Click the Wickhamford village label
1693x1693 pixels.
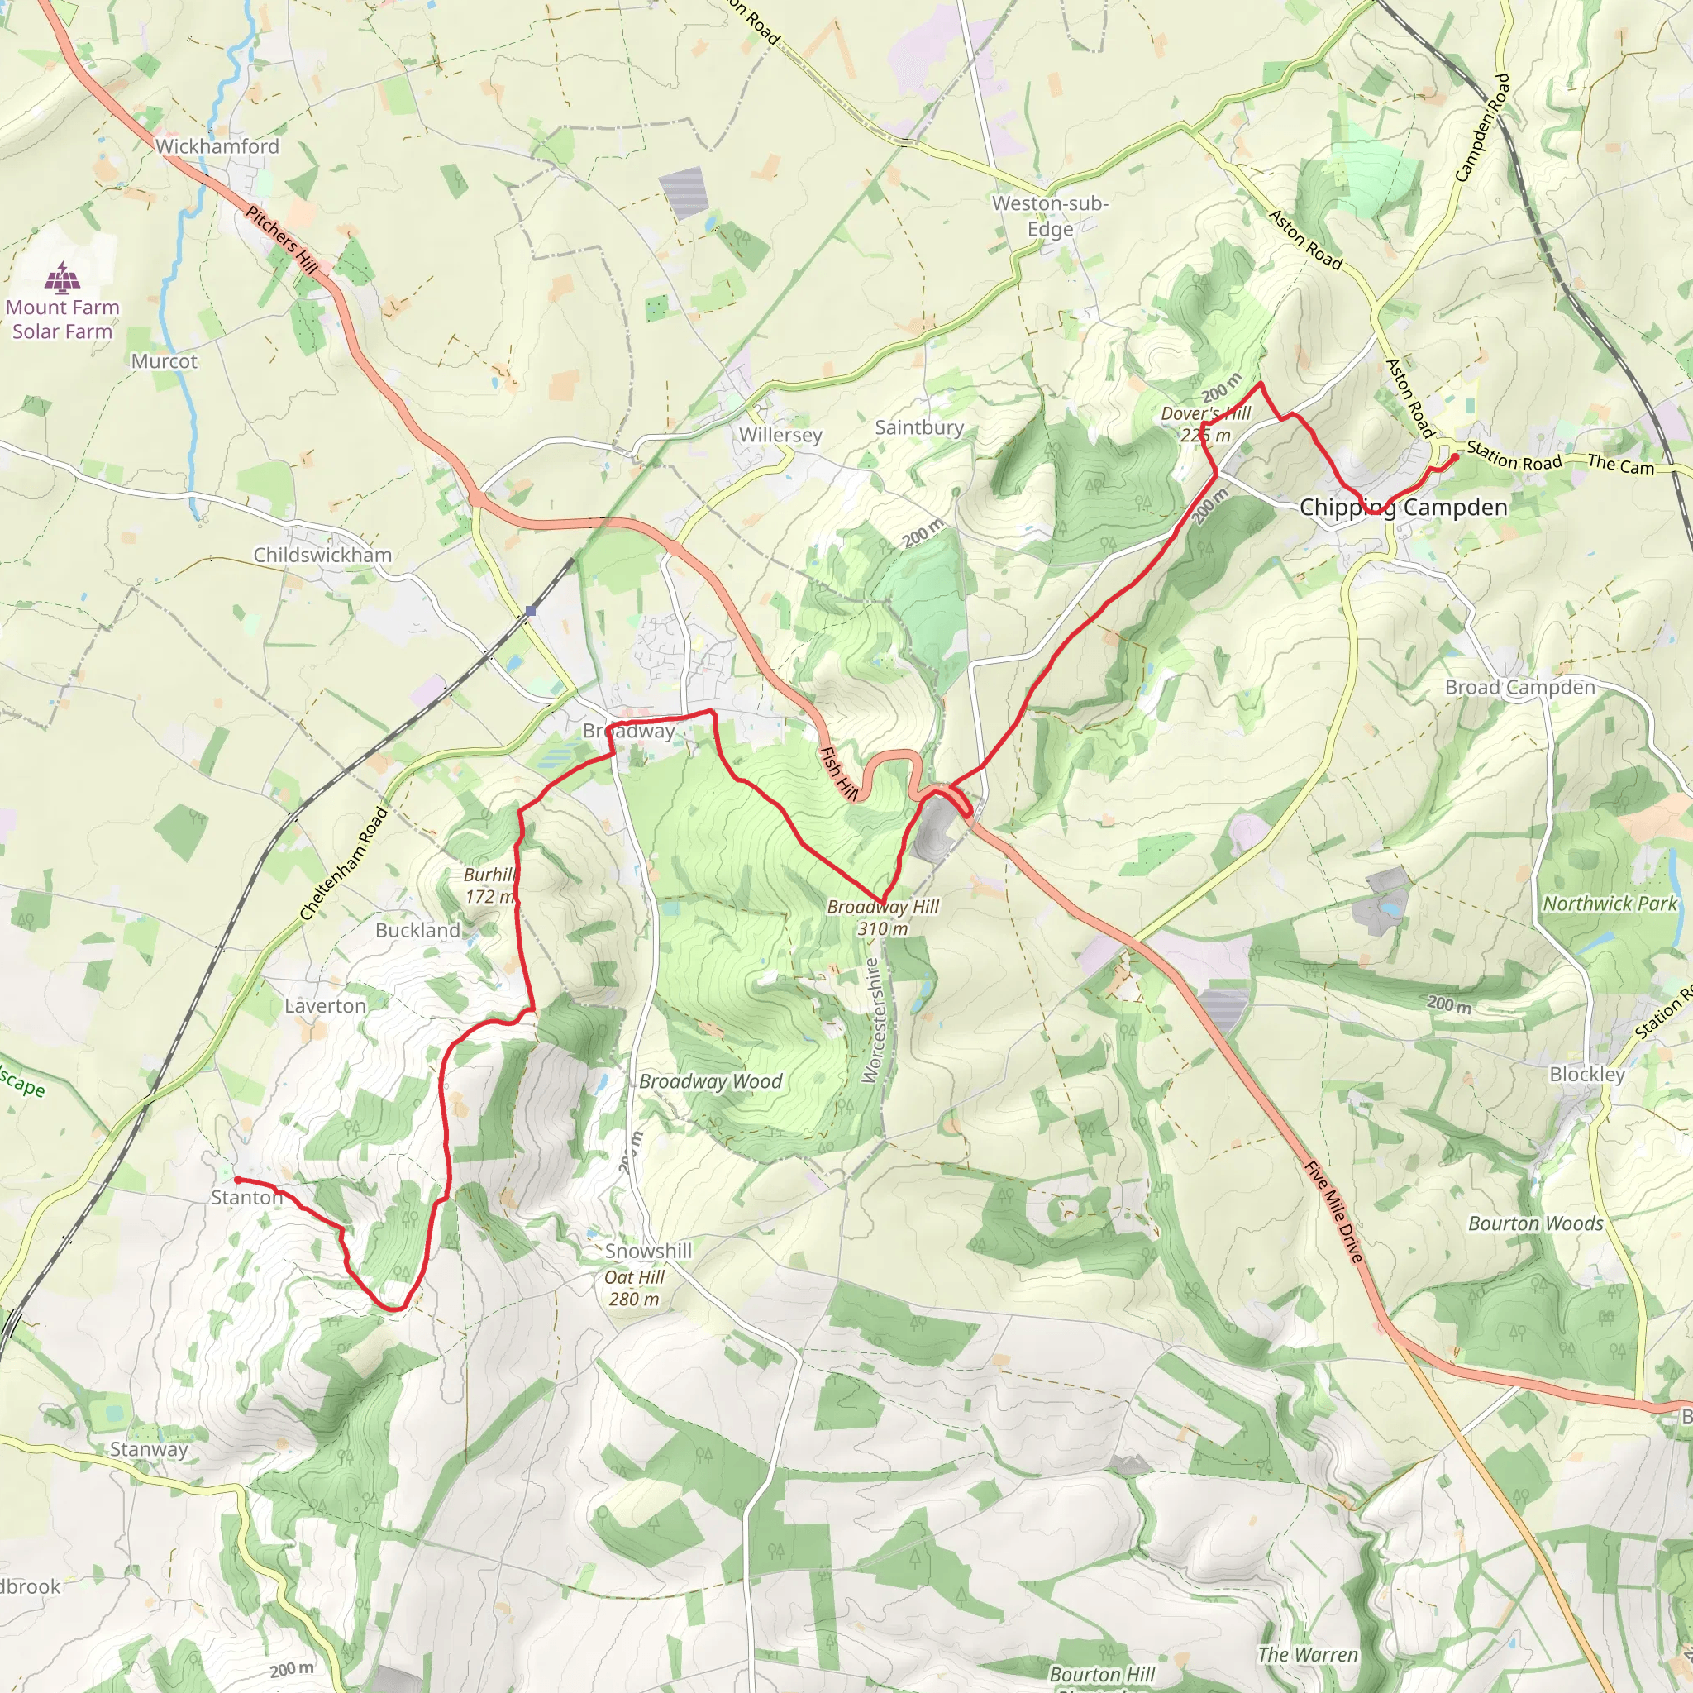click(x=217, y=146)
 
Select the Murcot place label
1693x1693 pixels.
click(x=165, y=361)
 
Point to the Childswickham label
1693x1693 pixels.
click(x=322, y=555)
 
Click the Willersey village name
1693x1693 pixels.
click(x=780, y=435)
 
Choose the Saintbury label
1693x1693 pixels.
click(x=919, y=427)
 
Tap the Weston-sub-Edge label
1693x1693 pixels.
click(x=1050, y=216)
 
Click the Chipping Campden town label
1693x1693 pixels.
click(x=1403, y=508)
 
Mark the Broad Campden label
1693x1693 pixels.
click(x=1519, y=688)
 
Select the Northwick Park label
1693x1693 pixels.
click(x=1610, y=904)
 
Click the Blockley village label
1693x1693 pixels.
click(x=1587, y=1075)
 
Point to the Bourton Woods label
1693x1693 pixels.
click(x=1535, y=1224)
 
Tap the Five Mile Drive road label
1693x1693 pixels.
click(x=1333, y=1212)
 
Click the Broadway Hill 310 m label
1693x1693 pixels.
click(x=882, y=918)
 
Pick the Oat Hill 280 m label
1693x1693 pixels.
click(x=634, y=1288)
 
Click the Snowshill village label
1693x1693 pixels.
click(x=648, y=1252)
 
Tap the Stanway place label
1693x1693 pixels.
click(x=149, y=1449)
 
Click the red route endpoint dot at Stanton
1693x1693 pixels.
click(x=237, y=1180)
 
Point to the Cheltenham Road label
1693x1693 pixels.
click(x=344, y=863)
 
